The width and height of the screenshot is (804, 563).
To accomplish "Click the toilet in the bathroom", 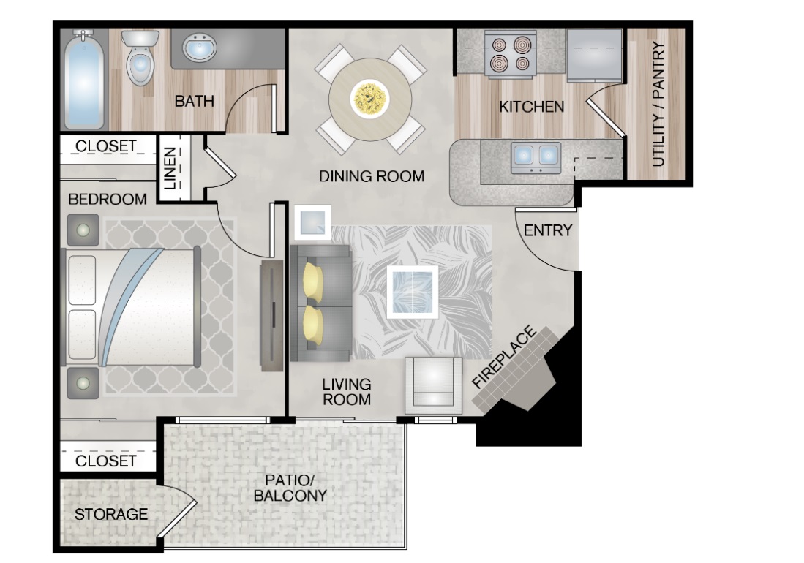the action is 140,57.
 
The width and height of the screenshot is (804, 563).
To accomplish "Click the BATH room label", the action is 194,101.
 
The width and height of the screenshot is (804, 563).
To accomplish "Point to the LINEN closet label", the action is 170,168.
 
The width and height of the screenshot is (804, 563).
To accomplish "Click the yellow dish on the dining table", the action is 369,99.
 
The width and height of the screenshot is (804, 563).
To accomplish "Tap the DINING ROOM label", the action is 372,176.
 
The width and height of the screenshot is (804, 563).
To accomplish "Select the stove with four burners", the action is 510,54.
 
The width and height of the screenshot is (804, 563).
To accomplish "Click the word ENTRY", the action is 548,230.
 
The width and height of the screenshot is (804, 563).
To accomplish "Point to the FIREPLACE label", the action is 504,357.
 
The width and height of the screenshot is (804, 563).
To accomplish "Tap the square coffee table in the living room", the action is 413,292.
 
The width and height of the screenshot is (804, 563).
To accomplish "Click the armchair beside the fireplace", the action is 433,385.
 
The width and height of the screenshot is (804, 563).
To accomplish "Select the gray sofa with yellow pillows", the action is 320,303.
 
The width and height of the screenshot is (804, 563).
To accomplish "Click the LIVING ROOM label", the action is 347,392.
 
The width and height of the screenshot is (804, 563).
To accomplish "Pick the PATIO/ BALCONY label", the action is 290,488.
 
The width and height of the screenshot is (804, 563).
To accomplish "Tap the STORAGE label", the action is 110,514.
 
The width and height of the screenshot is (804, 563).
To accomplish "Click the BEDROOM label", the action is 107,200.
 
